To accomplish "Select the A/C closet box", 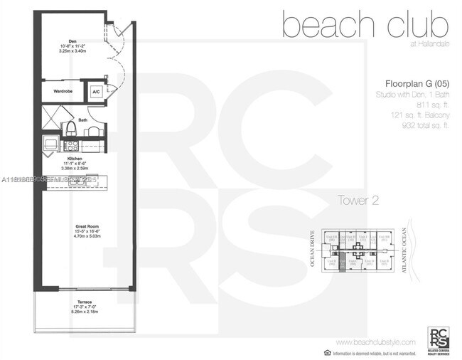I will point(95,91).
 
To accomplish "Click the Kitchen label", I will point(75,159).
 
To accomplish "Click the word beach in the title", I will point(325,26).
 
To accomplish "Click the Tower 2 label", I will point(357,201).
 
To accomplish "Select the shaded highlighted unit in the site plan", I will point(342,263).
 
